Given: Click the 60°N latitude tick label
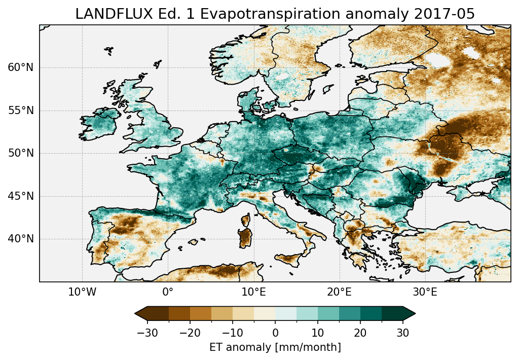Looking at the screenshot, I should (x=20, y=67).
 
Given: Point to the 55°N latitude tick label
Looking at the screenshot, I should (x=20, y=111).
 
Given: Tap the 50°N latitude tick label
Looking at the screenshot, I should (x=20, y=153).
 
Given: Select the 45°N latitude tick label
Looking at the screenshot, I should (x=20, y=196).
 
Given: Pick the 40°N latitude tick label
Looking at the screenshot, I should (x=20, y=239).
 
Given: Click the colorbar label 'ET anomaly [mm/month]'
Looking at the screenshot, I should (x=275, y=347).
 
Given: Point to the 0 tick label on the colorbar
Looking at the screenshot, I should (x=275, y=333).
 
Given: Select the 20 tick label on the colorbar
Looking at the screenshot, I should (x=360, y=333).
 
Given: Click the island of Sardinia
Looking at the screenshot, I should (x=246, y=236).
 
